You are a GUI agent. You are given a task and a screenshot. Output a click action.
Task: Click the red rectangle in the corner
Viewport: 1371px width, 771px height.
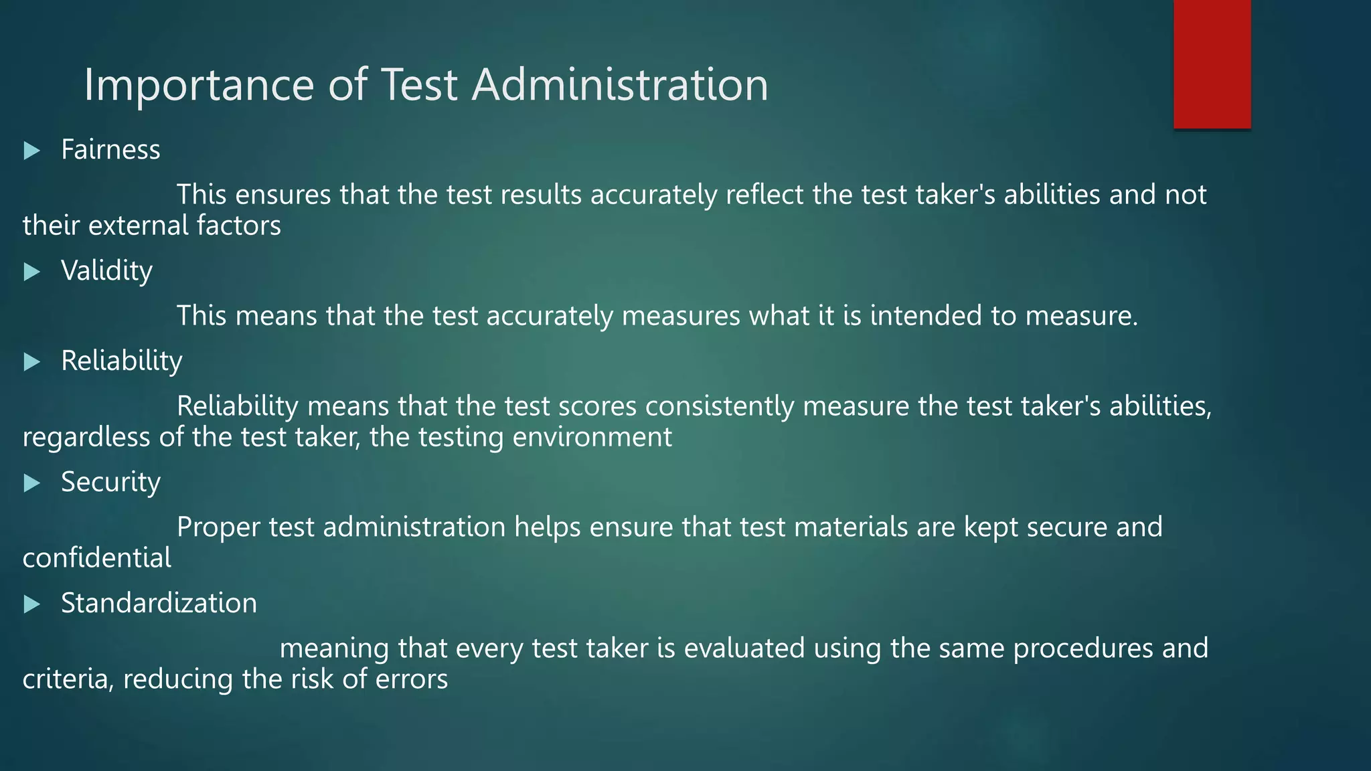tap(1212, 64)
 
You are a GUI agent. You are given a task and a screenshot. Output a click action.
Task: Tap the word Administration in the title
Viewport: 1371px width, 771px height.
tap(620, 85)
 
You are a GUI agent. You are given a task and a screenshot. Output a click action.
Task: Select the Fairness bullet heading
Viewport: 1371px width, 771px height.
tap(110, 149)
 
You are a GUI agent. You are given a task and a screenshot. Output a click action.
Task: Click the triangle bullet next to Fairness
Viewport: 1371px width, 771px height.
tap(31, 151)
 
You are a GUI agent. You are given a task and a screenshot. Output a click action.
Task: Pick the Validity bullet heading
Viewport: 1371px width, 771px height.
tap(106, 271)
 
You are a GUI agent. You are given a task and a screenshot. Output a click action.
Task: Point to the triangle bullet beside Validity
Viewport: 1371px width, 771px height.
tap(31, 272)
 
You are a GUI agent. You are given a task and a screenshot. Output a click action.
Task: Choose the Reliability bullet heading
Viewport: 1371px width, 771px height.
tap(121, 361)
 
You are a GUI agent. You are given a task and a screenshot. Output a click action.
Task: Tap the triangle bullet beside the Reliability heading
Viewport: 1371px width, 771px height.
tap(31, 362)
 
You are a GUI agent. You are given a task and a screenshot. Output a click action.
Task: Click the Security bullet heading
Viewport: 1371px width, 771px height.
tap(110, 482)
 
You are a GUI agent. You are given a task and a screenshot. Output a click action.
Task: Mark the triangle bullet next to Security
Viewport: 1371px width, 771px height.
tap(31, 483)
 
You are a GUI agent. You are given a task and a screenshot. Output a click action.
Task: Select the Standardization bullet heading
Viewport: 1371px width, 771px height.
tap(159, 603)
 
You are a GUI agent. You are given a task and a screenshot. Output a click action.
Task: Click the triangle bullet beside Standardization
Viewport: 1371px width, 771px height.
tap(31, 604)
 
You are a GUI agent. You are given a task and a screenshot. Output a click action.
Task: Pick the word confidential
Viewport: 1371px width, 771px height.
tap(97, 558)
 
